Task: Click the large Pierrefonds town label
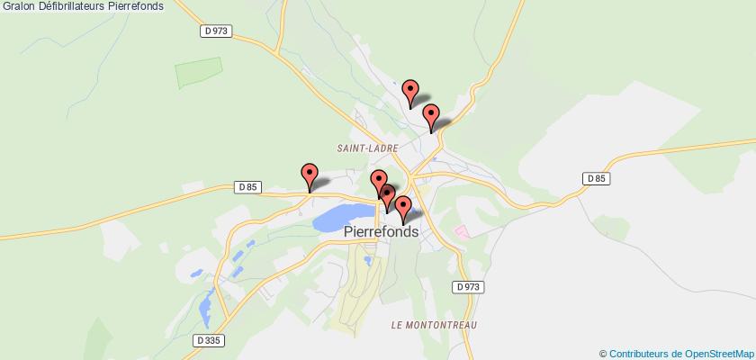[x=382, y=231]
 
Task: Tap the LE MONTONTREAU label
[x=434, y=324]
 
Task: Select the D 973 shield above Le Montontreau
[x=469, y=287]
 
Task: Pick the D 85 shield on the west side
[x=249, y=187]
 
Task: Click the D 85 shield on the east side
[x=596, y=178]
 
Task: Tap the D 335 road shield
[x=206, y=340]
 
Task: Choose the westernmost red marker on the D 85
[x=310, y=174]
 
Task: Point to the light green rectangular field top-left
[x=199, y=72]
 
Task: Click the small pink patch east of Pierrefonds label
[x=462, y=232]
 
